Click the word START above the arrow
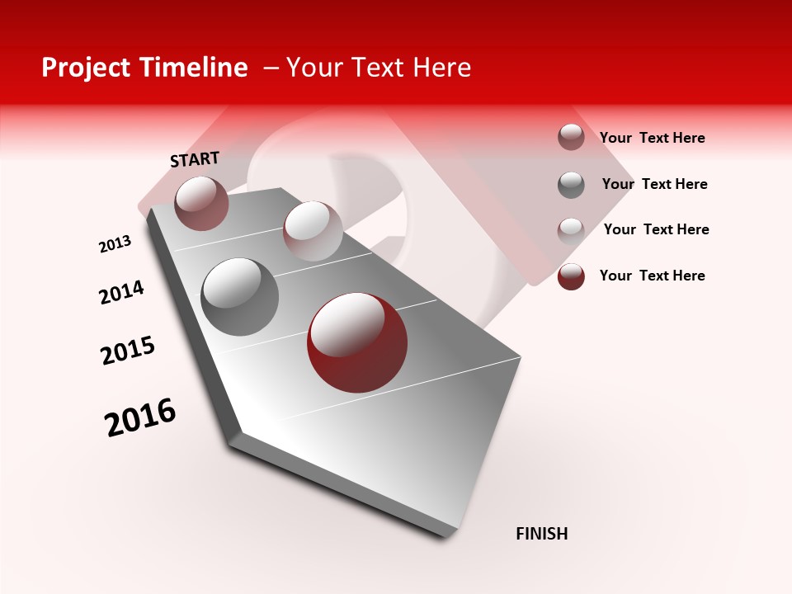(195, 158)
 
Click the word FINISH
(541, 534)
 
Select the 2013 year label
(115, 244)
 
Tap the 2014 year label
(121, 293)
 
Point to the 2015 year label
(128, 350)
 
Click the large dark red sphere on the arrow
(357, 342)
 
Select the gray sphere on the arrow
(239, 296)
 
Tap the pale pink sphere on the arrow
(313, 231)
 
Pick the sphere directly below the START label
(202, 203)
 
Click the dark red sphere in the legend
(571, 276)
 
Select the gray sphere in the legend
(571, 185)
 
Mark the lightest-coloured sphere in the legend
(571, 230)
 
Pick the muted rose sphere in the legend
(571, 137)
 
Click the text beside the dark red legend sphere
(652, 276)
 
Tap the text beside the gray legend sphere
(654, 184)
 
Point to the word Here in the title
(441, 68)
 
